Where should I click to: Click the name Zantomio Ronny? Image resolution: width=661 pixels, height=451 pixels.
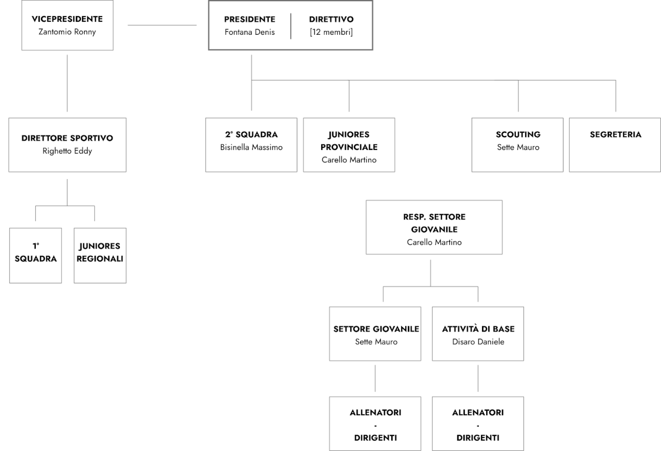click(67, 32)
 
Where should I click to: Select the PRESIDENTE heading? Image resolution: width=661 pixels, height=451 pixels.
click(250, 19)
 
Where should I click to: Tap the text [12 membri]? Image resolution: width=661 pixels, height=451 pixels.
click(331, 32)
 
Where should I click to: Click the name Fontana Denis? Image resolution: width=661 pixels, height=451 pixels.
click(250, 32)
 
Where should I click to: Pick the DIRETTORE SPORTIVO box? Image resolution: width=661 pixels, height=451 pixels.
click(67, 145)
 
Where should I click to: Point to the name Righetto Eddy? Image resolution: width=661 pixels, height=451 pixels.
click(67, 151)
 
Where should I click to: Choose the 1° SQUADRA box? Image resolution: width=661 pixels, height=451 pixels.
click(35, 255)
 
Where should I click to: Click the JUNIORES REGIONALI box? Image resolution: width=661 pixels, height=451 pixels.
click(100, 255)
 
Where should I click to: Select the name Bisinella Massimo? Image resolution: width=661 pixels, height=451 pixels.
click(251, 147)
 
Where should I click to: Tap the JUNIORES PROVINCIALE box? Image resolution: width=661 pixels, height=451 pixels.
click(349, 145)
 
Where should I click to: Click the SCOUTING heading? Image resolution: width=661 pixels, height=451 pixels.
click(518, 135)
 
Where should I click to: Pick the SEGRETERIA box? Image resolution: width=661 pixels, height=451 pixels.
click(615, 145)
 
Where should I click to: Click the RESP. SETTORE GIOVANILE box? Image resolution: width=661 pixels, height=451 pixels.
click(434, 227)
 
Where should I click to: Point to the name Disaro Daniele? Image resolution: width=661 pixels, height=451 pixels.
click(478, 342)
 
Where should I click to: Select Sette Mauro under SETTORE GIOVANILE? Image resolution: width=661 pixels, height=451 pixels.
click(376, 342)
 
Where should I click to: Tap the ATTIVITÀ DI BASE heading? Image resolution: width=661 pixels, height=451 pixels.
click(478, 329)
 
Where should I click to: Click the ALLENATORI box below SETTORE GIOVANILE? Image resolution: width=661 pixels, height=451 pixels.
click(375, 423)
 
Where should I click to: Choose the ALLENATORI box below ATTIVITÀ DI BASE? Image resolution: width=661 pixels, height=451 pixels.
click(478, 423)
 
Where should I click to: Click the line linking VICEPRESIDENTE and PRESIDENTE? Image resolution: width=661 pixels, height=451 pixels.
click(162, 25)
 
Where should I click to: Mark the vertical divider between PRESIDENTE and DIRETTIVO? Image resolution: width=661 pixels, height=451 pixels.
click(291, 26)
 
